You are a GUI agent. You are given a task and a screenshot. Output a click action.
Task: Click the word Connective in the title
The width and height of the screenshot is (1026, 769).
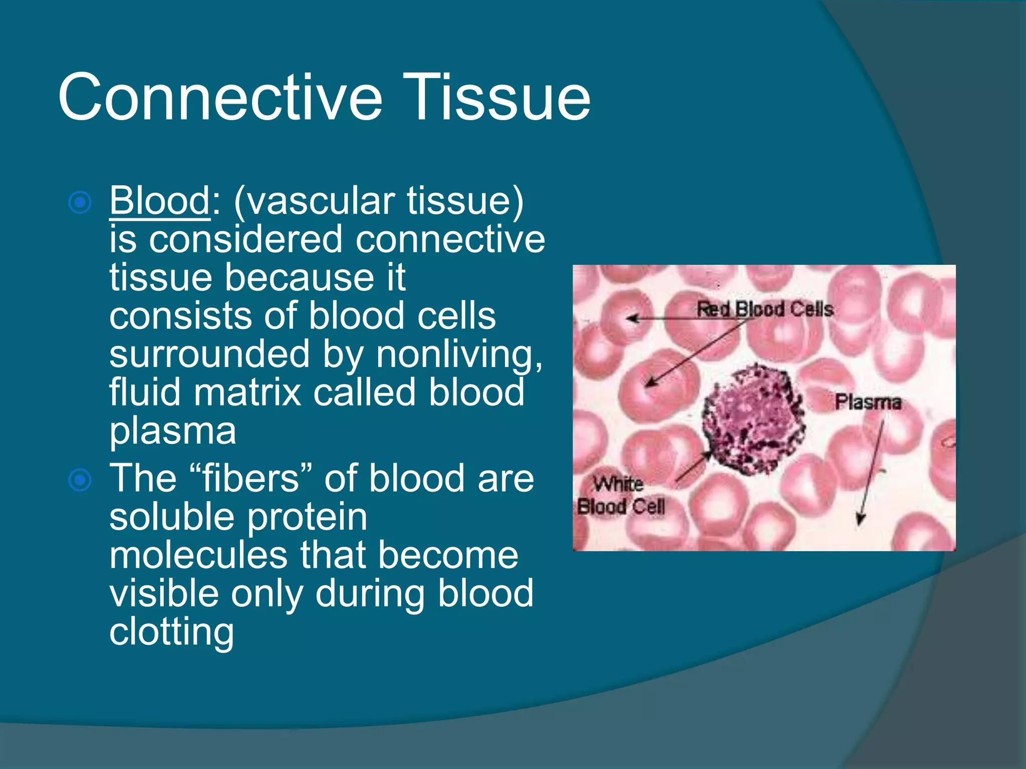[x=220, y=98]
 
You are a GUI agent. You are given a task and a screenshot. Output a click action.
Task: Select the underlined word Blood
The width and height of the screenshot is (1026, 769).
[x=159, y=200]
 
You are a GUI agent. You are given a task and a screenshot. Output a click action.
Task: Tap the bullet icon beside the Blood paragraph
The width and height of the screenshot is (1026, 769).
[x=80, y=203]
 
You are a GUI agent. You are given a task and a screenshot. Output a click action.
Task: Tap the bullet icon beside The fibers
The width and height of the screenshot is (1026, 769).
[x=80, y=480]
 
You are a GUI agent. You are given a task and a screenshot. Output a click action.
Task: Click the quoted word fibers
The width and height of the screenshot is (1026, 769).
[x=250, y=478]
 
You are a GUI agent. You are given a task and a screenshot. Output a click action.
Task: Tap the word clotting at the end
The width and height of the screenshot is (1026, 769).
[x=172, y=632]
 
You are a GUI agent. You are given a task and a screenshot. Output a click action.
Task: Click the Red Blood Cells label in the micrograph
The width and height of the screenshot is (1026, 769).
[x=765, y=309]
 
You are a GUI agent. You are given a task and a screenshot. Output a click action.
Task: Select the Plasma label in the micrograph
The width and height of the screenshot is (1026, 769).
[x=868, y=402]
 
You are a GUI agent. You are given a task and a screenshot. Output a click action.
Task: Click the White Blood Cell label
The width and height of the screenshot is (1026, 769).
[x=620, y=496]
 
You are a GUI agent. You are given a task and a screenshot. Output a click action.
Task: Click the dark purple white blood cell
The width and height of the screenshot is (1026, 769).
[x=751, y=421]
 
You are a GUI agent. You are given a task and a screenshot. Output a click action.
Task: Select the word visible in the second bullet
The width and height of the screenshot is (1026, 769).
[x=164, y=593]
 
